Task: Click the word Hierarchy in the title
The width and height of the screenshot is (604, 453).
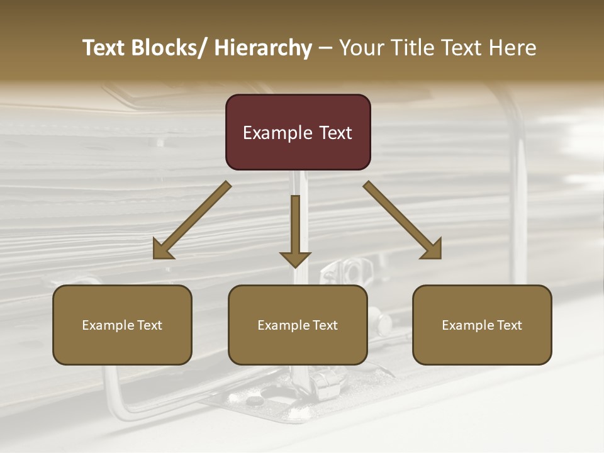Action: (x=263, y=48)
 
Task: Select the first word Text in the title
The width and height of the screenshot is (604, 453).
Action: (x=104, y=48)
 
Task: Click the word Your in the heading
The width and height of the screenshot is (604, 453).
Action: (x=359, y=48)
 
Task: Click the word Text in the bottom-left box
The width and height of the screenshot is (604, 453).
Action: (x=149, y=325)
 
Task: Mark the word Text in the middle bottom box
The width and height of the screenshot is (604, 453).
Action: (x=325, y=325)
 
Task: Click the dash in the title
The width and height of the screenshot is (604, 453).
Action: (x=325, y=48)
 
